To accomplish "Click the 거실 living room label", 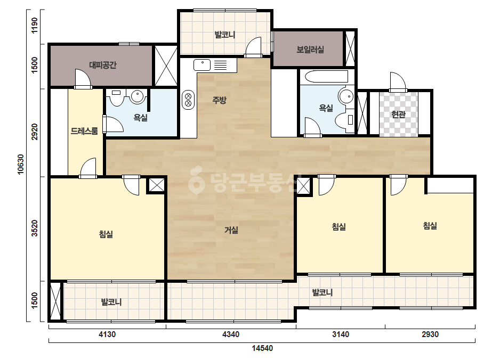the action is [231, 230].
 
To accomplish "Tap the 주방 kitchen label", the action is [219, 100].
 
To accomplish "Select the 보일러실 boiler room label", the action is [310, 49].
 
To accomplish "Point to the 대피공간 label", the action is [102, 65].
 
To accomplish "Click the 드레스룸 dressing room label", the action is [84, 131].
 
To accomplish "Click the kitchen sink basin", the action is [202, 65].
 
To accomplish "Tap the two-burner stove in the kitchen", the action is [188, 100].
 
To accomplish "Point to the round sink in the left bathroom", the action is [137, 96].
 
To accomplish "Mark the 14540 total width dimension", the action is [262, 348].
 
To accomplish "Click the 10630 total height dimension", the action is [21, 165].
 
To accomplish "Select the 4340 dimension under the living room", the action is [231, 334].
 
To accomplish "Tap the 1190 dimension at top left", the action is [34, 26].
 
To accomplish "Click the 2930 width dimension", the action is [430, 334].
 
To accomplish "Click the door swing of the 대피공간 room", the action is [83, 78].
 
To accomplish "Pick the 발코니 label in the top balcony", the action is [224, 35].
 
